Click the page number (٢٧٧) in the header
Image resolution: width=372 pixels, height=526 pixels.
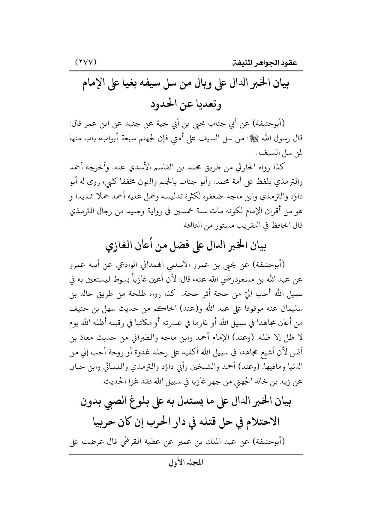85,63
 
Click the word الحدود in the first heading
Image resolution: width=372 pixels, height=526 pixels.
166,105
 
